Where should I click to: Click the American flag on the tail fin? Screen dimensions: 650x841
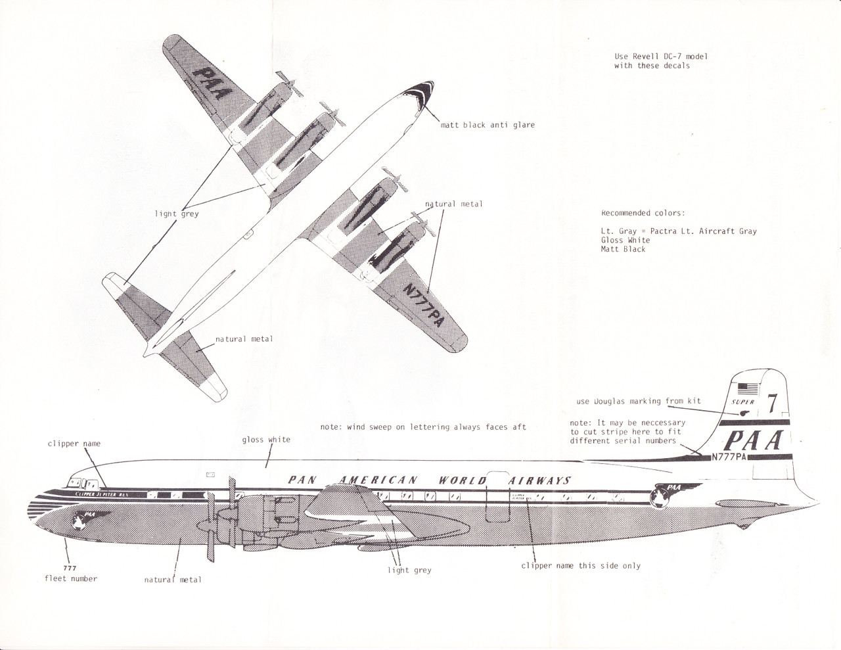tap(748, 387)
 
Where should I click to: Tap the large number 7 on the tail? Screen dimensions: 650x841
tap(773, 402)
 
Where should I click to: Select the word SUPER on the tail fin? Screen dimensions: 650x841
tap(743, 401)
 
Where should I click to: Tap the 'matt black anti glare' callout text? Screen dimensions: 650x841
tap(488, 125)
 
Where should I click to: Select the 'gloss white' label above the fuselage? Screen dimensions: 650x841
tap(266, 440)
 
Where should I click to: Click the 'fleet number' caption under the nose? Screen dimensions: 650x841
tap(71, 578)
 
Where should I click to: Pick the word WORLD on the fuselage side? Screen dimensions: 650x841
tap(462, 480)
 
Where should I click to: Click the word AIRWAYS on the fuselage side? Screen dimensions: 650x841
tap(540, 480)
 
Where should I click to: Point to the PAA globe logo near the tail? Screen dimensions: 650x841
tap(663, 494)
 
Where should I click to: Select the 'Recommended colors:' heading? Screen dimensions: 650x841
tap(643, 213)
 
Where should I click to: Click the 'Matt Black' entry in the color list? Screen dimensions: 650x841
tap(623, 249)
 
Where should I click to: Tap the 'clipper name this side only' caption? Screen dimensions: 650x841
tap(580, 565)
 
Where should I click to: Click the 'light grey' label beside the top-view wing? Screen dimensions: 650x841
tap(177, 214)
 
